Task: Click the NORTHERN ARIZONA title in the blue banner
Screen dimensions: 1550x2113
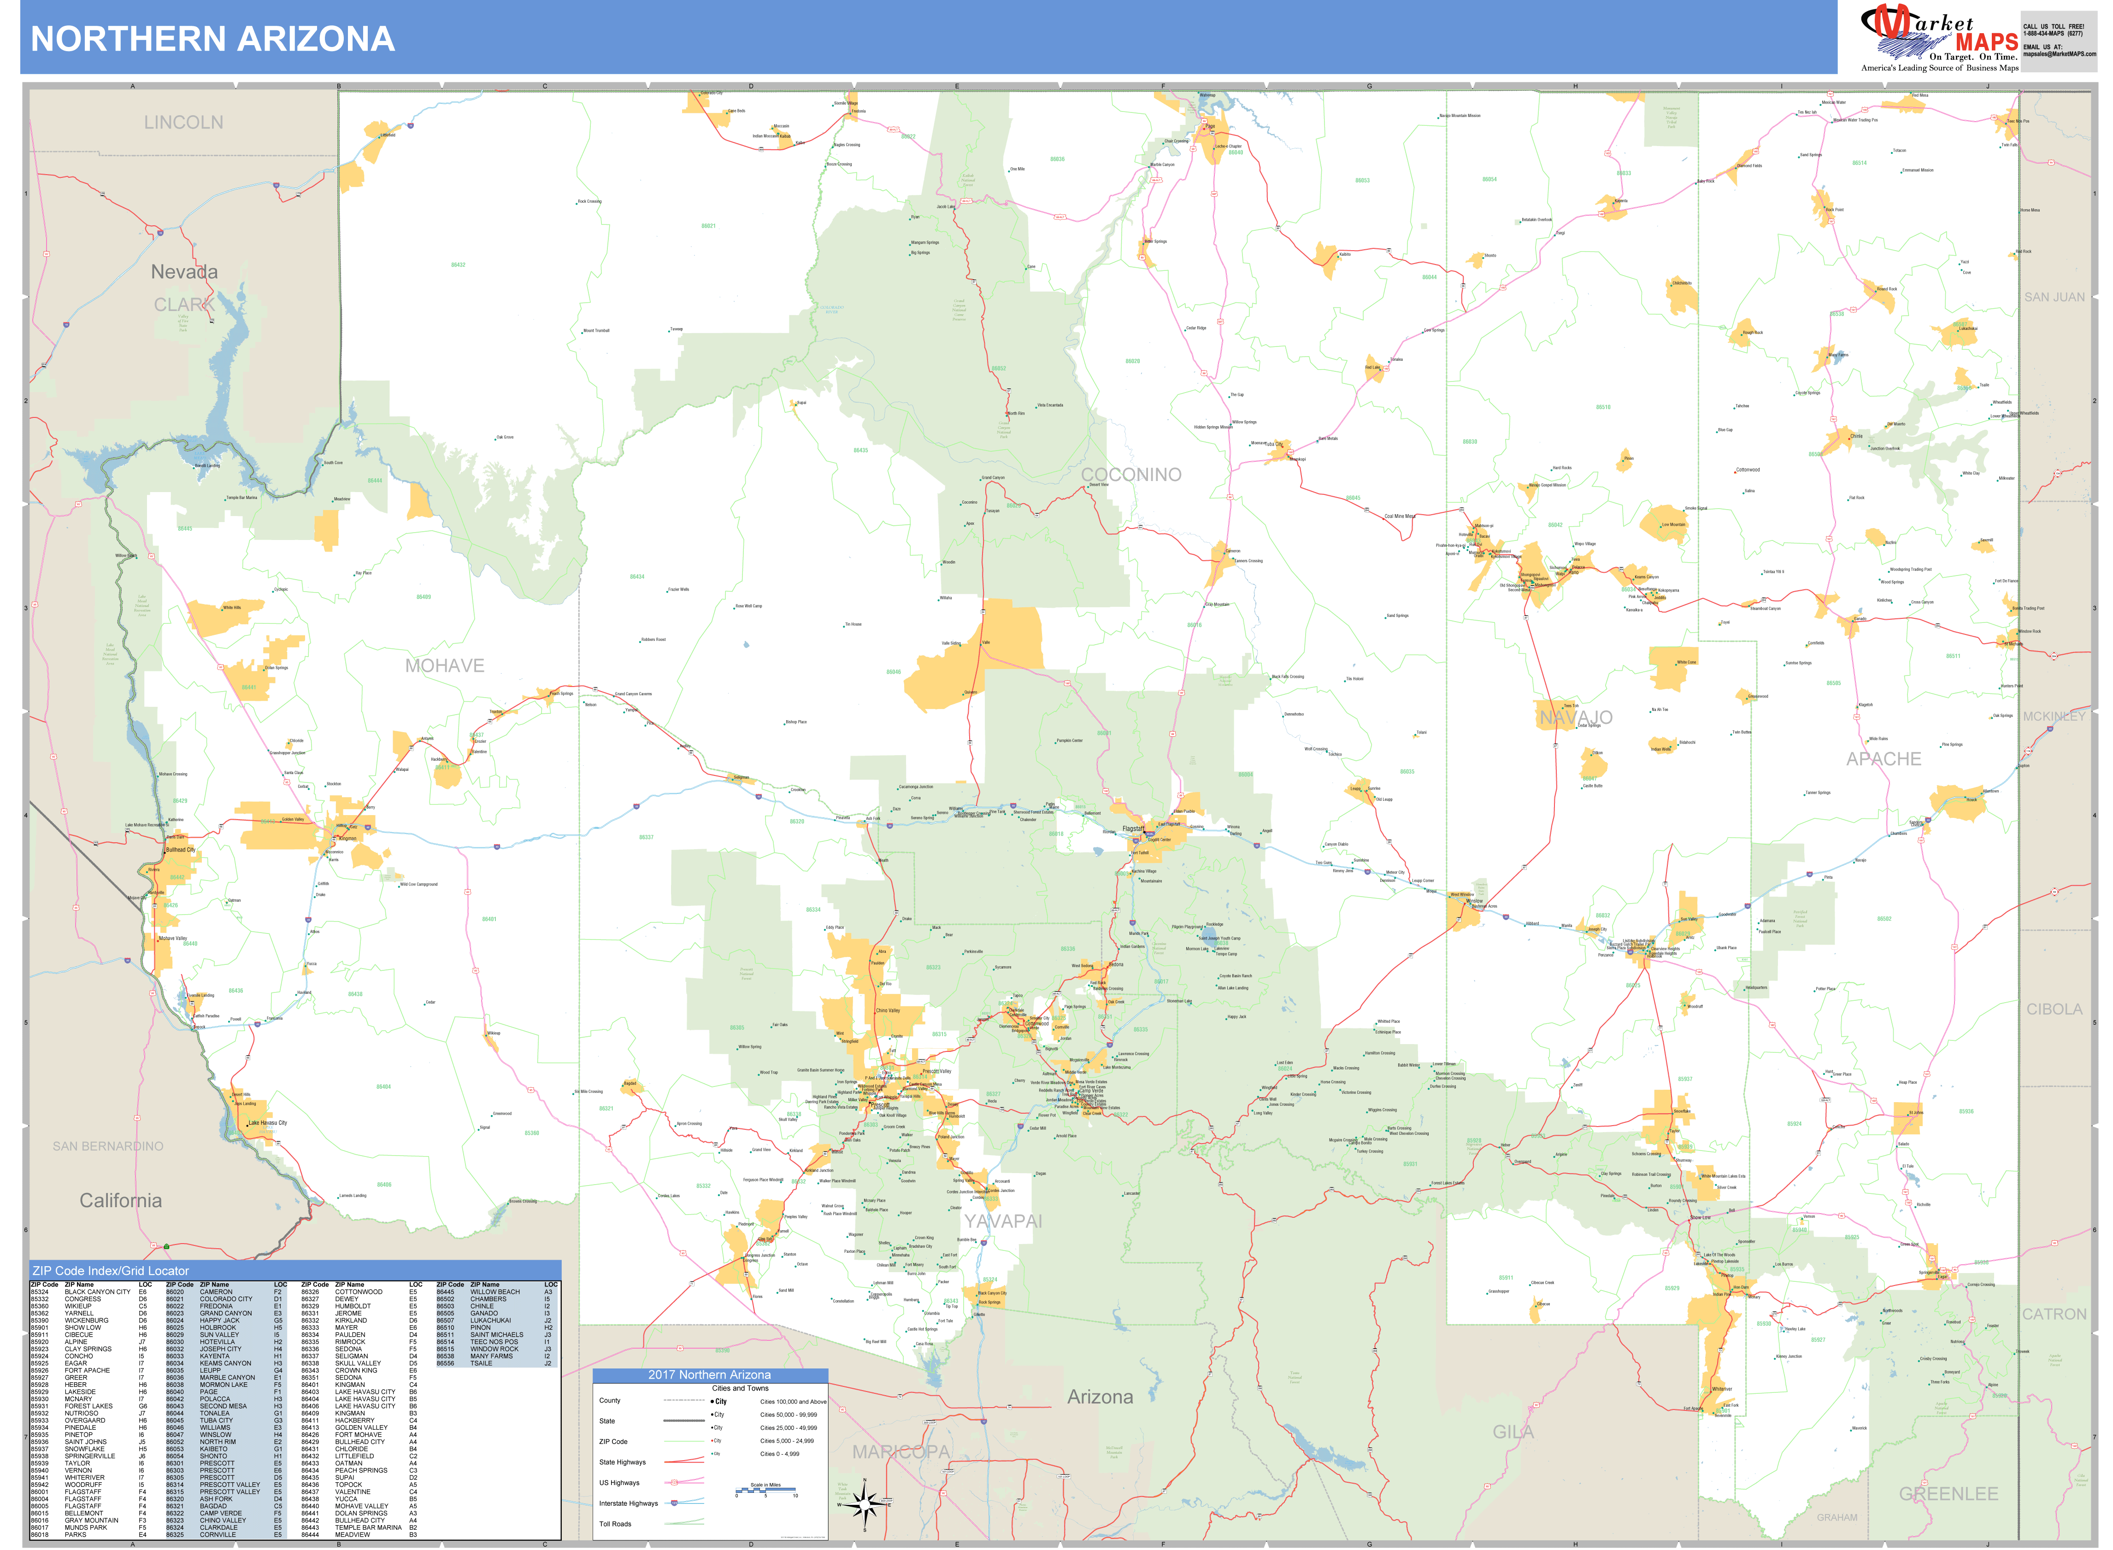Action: pos(213,38)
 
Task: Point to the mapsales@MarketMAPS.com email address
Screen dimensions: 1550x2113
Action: pos(2059,53)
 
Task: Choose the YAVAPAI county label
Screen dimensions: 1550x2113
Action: pos(1003,1221)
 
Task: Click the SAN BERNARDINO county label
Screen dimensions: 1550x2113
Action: pos(108,1145)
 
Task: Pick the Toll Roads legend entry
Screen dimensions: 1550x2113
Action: pos(616,1524)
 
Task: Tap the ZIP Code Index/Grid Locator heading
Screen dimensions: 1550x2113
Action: pos(111,1270)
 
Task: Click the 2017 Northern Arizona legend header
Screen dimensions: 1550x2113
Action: pos(709,1374)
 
